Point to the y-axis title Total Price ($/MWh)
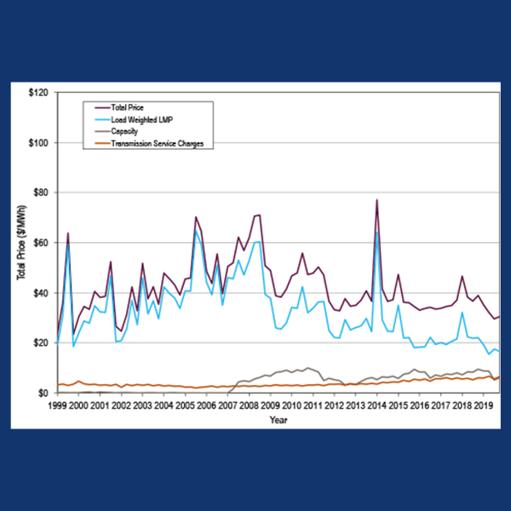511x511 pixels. (x=20, y=243)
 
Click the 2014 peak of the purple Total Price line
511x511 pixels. (x=376, y=200)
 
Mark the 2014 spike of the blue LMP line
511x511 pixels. (x=376, y=232)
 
